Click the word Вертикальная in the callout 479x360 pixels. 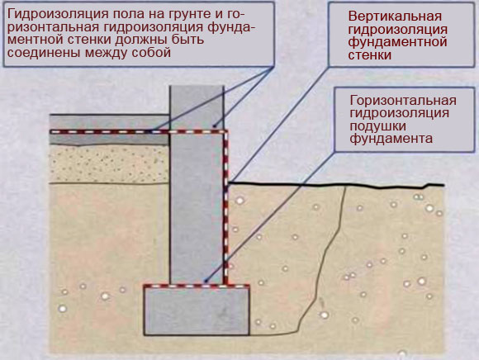395,17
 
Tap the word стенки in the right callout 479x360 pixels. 370,55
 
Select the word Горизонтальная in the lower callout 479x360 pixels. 403,101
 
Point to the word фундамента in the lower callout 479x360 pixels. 391,139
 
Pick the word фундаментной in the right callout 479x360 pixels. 397,42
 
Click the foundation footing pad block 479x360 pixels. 197,310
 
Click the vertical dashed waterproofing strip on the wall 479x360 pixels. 225,207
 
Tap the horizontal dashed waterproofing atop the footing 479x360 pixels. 197,286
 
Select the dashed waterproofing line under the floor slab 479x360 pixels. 139,131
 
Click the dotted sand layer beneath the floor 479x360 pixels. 110,164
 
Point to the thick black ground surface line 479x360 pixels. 336,185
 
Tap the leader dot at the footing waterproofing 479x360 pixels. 206,280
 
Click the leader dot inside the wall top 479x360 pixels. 214,126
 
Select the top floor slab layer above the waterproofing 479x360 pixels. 110,122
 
